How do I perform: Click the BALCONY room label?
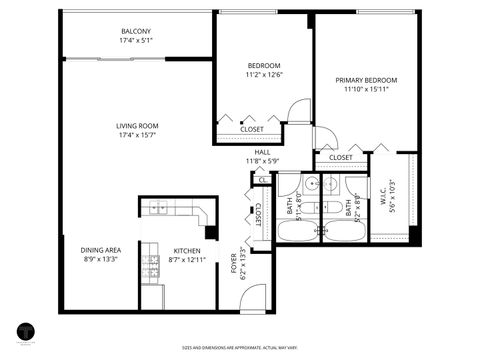tap(137, 31)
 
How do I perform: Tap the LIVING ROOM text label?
tap(137, 126)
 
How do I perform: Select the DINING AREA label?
tap(101, 250)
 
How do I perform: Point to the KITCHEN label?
tap(187, 251)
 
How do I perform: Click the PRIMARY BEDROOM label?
tap(366, 80)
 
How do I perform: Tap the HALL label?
tap(262, 152)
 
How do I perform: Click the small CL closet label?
tap(262, 180)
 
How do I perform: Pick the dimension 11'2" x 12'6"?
tap(265, 74)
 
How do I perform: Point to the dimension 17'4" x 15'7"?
tap(137, 135)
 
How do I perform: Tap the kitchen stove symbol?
tap(151, 266)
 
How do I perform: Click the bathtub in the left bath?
tap(298, 231)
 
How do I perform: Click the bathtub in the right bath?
tap(344, 231)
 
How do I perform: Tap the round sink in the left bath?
tap(311, 184)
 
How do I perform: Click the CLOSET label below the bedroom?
tap(252, 129)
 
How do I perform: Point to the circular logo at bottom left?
tap(27, 332)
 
